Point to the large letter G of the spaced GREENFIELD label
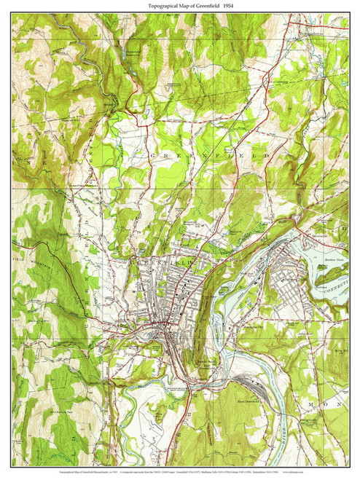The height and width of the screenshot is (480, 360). click(152, 156)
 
